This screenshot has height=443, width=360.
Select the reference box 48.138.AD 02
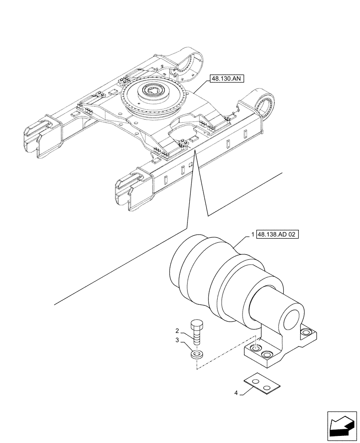pos(278,234)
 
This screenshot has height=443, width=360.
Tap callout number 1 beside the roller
pos(253,234)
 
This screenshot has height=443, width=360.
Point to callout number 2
pos(177,331)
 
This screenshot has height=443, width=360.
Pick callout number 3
pos(177,340)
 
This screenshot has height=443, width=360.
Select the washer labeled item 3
pos(197,354)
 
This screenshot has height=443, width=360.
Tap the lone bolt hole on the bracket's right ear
pos(305,332)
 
